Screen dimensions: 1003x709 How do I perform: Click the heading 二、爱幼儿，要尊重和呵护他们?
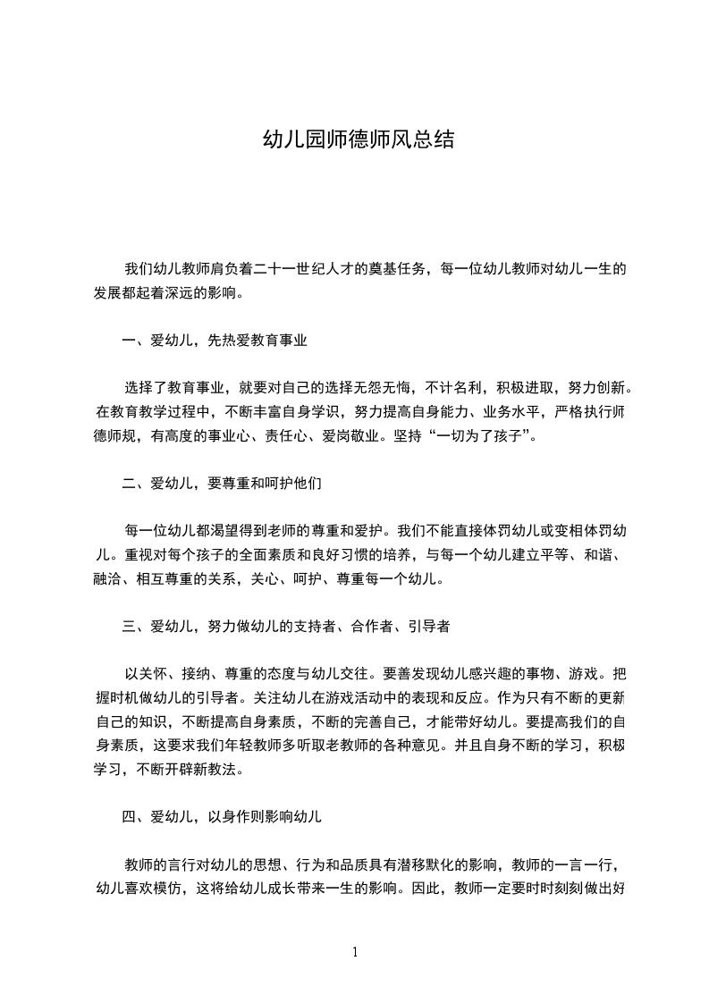[x=222, y=484]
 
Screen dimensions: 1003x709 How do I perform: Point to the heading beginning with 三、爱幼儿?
[x=285, y=627]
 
